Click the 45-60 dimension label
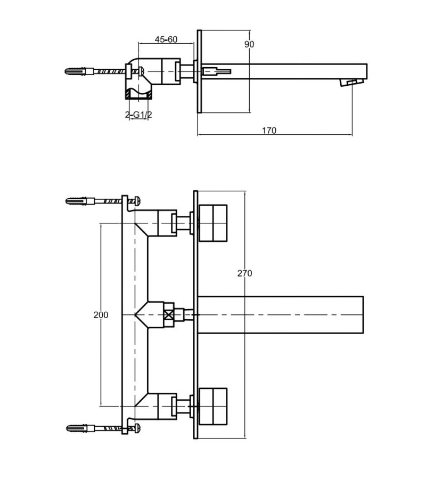tap(166, 39)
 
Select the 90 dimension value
tap(249, 44)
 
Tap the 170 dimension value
tap(269, 131)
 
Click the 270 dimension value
tap(244, 273)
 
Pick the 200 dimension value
tap(101, 315)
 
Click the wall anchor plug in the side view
tap(77, 71)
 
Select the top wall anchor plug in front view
tap(78, 201)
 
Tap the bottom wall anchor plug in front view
tap(78, 427)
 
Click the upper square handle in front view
tap(212, 222)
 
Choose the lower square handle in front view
tap(212, 407)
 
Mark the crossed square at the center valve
tap(169, 314)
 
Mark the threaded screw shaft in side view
tap(109, 71)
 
